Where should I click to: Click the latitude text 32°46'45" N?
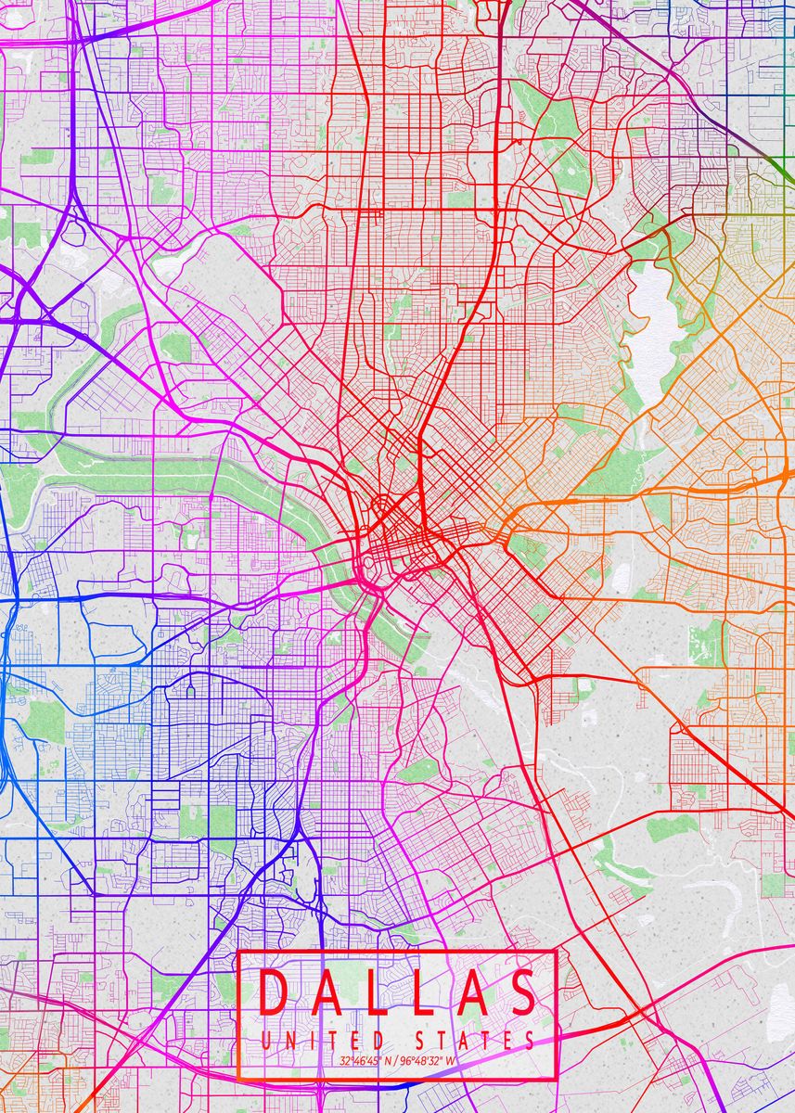366,1060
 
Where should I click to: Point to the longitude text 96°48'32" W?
429,1060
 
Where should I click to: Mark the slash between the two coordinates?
397,1060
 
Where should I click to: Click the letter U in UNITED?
266,1040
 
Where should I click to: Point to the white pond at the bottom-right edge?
782,1006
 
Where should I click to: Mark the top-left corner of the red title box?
238,952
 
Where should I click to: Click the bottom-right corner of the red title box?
556,1080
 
